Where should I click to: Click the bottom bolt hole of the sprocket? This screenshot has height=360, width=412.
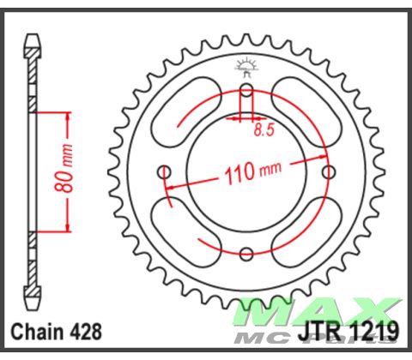click(x=246, y=253)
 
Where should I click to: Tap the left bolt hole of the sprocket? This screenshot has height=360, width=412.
click(x=164, y=171)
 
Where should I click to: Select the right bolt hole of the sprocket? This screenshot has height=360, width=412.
click(x=328, y=171)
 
